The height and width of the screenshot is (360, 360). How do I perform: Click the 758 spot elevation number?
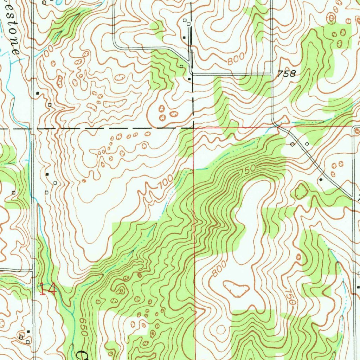coord(287,74)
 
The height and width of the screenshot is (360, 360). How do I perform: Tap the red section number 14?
coord(48,290)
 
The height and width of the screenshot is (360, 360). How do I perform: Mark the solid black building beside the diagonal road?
coord(320,180)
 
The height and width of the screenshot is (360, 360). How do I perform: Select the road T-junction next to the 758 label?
coord(272,74)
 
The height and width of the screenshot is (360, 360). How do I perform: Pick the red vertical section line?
coord(194,229)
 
